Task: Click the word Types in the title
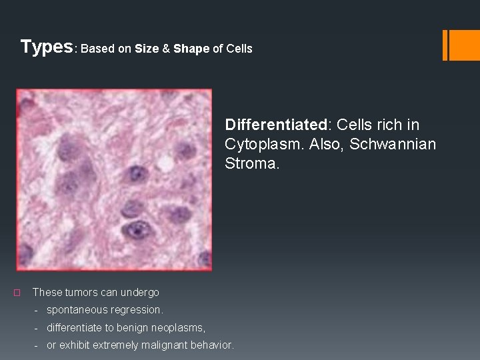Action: pyautogui.click(x=46, y=47)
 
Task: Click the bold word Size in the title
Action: pyautogui.click(x=146, y=49)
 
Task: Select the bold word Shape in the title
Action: pyautogui.click(x=191, y=49)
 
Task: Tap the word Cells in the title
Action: pyautogui.click(x=239, y=49)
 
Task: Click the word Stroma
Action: pyautogui.click(x=251, y=164)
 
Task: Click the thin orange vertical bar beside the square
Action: pyautogui.click(x=445, y=45)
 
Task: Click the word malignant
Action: pyautogui.click(x=157, y=345)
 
